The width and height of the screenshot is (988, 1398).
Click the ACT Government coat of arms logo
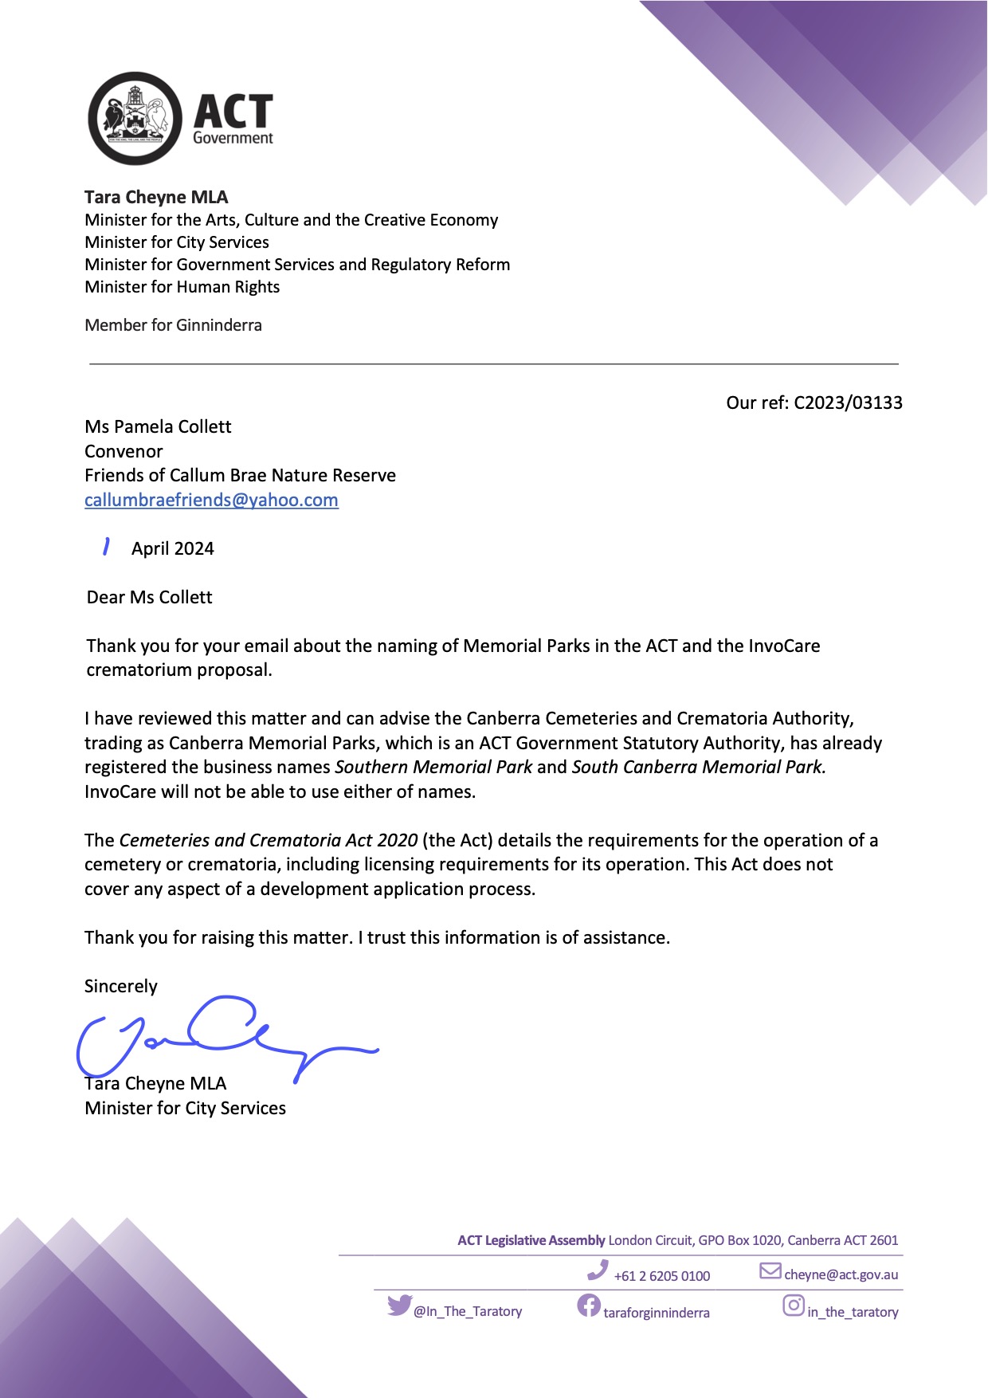tap(135, 119)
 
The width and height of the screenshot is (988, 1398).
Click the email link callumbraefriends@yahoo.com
tap(211, 500)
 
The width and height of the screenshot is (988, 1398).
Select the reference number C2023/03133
tap(848, 403)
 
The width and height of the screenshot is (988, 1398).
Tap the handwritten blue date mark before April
tap(105, 547)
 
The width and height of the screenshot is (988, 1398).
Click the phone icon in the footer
tap(597, 1270)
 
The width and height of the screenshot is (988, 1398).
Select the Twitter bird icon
tap(399, 1306)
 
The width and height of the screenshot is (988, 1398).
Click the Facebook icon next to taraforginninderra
tap(588, 1306)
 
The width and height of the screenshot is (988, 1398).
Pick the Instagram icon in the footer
tap(793, 1306)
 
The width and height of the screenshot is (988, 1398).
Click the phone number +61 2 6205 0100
tap(661, 1276)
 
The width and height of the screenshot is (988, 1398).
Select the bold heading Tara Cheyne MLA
tap(156, 197)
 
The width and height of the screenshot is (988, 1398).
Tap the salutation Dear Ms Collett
tap(150, 597)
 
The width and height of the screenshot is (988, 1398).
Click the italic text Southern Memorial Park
tap(433, 767)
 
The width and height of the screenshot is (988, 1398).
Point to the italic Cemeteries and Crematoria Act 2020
tap(268, 840)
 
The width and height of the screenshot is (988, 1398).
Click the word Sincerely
tap(121, 986)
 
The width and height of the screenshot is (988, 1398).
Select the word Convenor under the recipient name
tap(123, 451)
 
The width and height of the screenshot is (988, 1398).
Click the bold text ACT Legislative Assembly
tap(531, 1240)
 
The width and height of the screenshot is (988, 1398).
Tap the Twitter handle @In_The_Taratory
tap(468, 1311)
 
